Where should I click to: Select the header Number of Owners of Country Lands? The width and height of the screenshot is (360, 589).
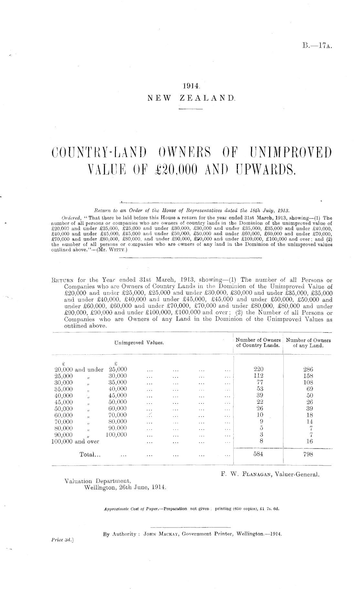tap(258, 343)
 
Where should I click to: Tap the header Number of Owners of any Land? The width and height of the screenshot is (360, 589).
tap(308, 343)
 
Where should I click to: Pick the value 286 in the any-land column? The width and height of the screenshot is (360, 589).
tap(308, 369)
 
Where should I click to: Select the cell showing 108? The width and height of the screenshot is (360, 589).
tap(308, 382)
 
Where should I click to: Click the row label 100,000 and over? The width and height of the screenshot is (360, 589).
tap(75, 441)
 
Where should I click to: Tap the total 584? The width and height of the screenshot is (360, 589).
tap(258, 454)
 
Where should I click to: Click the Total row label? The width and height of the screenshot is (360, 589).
tap(90, 455)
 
